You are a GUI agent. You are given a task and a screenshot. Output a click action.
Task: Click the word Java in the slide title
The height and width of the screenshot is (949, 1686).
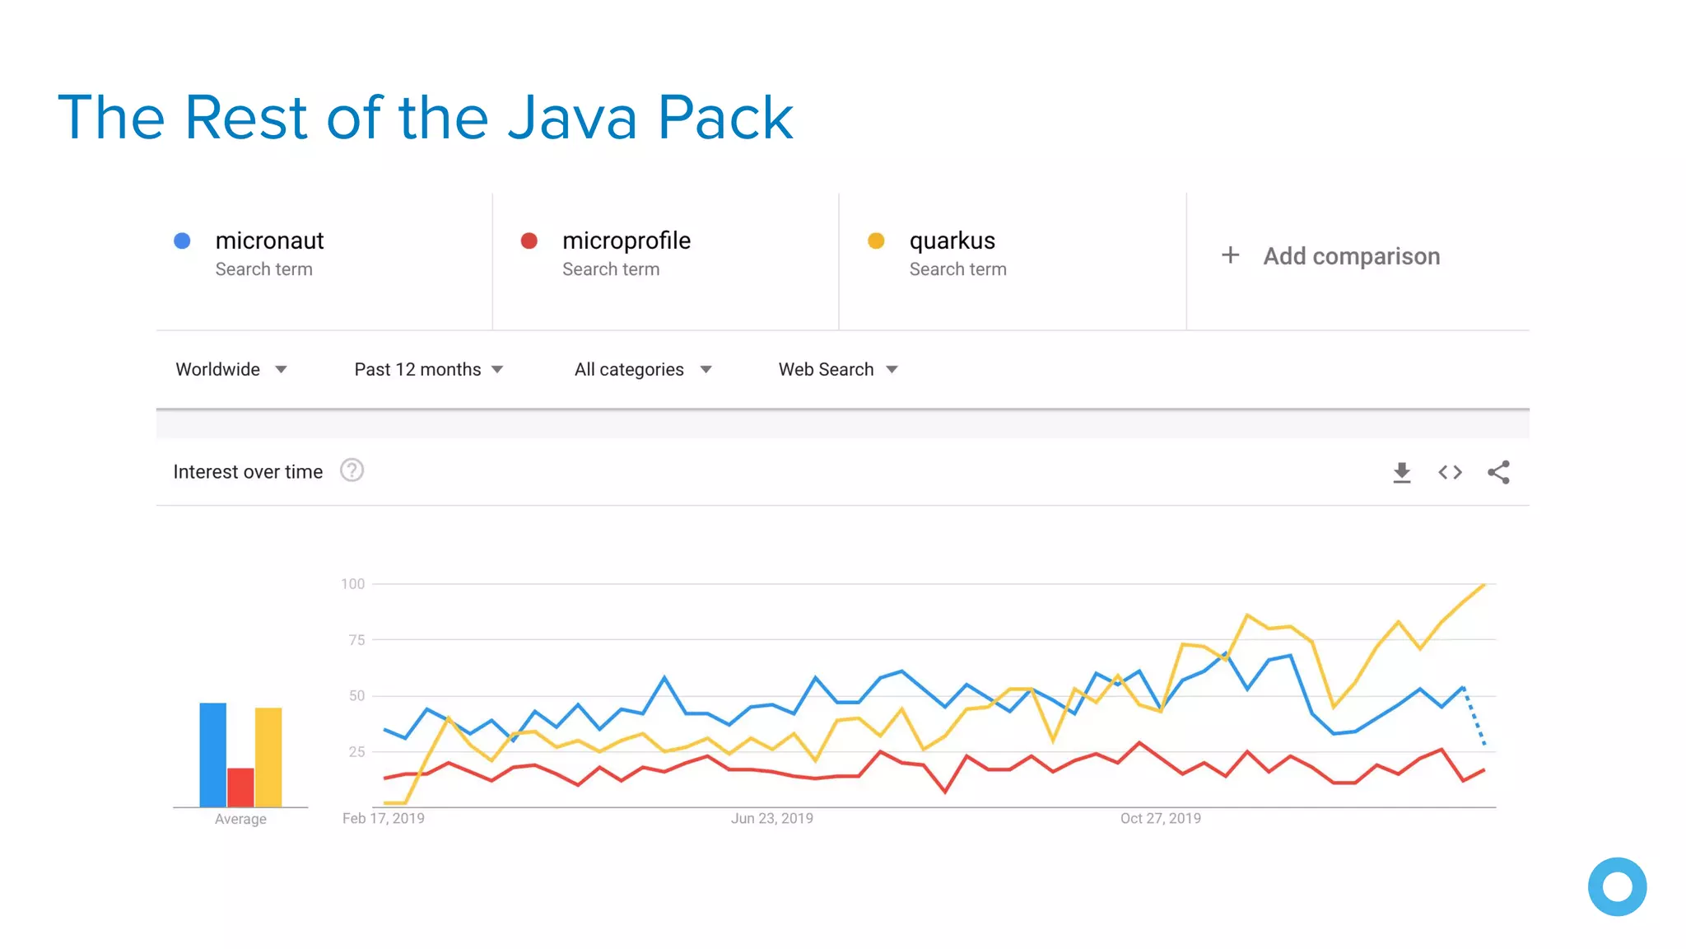click(572, 118)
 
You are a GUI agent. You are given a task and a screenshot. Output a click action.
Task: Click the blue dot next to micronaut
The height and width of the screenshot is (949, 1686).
click(183, 241)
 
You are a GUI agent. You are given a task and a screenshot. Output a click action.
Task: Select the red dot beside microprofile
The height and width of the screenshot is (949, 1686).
click(529, 241)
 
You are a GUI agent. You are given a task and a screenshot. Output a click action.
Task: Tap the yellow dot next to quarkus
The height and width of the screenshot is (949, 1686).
click(876, 241)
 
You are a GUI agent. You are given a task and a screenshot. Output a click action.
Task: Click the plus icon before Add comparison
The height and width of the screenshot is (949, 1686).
click(1230, 255)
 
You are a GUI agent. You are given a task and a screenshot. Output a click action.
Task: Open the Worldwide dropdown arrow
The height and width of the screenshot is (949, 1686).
click(281, 370)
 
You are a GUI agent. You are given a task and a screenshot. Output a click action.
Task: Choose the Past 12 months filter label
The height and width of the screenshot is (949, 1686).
click(417, 370)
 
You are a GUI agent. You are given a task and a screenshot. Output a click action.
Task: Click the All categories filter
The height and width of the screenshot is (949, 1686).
click(629, 370)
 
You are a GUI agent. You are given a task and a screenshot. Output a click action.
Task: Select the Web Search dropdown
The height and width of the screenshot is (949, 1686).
click(837, 370)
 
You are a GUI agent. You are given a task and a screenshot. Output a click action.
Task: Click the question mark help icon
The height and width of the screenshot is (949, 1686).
click(352, 470)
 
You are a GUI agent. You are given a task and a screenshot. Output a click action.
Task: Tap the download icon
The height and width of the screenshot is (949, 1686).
click(1401, 472)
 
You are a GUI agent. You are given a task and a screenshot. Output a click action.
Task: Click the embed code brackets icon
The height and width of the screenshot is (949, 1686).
click(1450, 472)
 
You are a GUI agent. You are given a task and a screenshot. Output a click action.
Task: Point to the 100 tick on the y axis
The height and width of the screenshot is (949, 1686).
click(353, 584)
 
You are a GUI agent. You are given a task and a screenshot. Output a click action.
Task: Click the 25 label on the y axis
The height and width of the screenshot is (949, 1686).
click(356, 751)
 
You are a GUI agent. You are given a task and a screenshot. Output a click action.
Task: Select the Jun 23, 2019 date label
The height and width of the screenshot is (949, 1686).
click(771, 818)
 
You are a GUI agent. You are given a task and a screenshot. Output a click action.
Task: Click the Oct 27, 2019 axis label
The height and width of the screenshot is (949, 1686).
click(1160, 818)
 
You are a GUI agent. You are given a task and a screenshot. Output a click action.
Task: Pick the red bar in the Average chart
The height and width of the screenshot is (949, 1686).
click(240, 787)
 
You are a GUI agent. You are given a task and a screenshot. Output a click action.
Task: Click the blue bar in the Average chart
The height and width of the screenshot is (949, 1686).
click(212, 754)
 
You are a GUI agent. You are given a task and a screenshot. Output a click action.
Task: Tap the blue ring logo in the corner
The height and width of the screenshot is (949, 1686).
click(1617, 886)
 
